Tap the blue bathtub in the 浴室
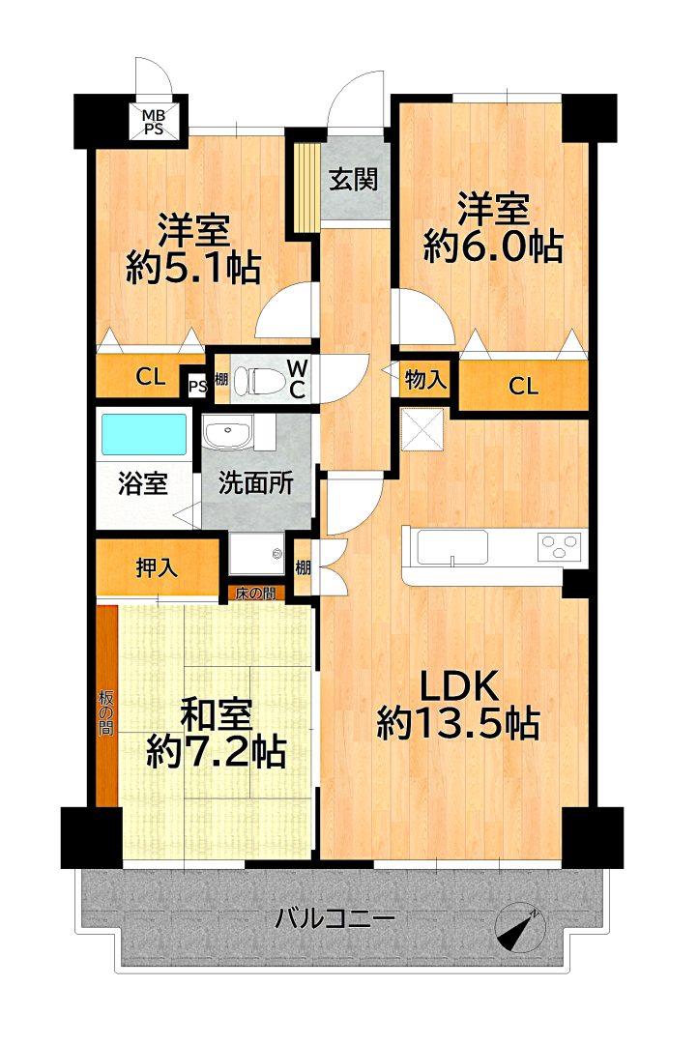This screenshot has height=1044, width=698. (x=143, y=435)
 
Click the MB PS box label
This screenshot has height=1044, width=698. (x=155, y=121)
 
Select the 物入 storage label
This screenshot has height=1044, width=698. (x=425, y=380)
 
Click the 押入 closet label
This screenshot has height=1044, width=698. (x=158, y=568)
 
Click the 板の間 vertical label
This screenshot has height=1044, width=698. (x=106, y=712)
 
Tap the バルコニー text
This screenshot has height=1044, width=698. (x=335, y=919)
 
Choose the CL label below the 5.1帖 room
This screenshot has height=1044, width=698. (x=151, y=378)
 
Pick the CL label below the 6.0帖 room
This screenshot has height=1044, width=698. (x=523, y=386)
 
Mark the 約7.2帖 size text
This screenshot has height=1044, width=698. (x=217, y=752)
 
